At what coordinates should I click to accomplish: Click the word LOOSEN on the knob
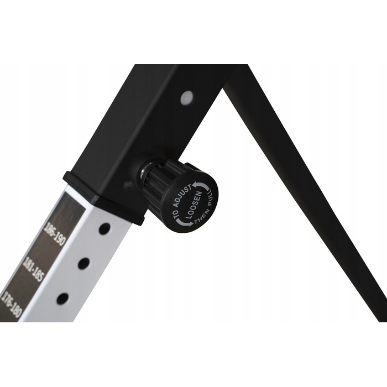pos(194,205)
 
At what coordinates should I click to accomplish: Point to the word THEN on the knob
pos(201,217)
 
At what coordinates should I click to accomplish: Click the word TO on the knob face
pos(176,215)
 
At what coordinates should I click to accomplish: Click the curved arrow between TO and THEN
pos(184,222)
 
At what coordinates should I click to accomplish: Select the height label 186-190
pos(54,233)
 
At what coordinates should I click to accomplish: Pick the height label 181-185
pos(33,269)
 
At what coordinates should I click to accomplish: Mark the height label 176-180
pos(11,304)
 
